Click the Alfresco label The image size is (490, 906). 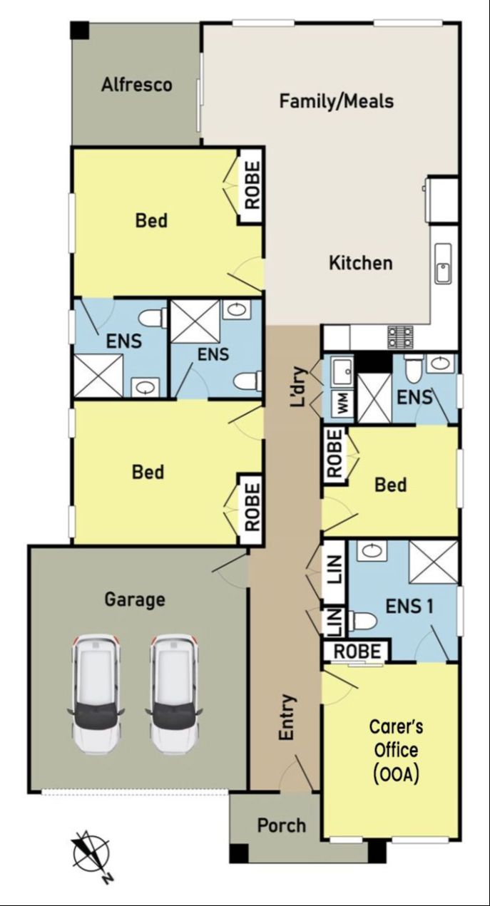click(x=137, y=85)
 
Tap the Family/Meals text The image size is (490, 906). click(x=337, y=101)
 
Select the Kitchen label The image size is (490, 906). click(x=360, y=263)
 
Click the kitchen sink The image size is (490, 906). click(x=443, y=263)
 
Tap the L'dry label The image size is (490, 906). click(x=299, y=386)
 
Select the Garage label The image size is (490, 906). click(x=135, y=599)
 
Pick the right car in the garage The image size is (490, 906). click(x=174, y=694)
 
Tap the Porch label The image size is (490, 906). click(x=282, y=826)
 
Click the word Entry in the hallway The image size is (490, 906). click(x=287, y=718)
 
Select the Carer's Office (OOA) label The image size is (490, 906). click(x=396, y=751)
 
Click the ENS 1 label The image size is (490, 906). click(x=409, y=606)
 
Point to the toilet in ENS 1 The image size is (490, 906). click(x=362, y=620)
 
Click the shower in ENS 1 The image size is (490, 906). click(x=434, y=562)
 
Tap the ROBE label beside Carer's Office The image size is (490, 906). click(x=357, y=652)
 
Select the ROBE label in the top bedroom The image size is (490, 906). click(x=252, y=185)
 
